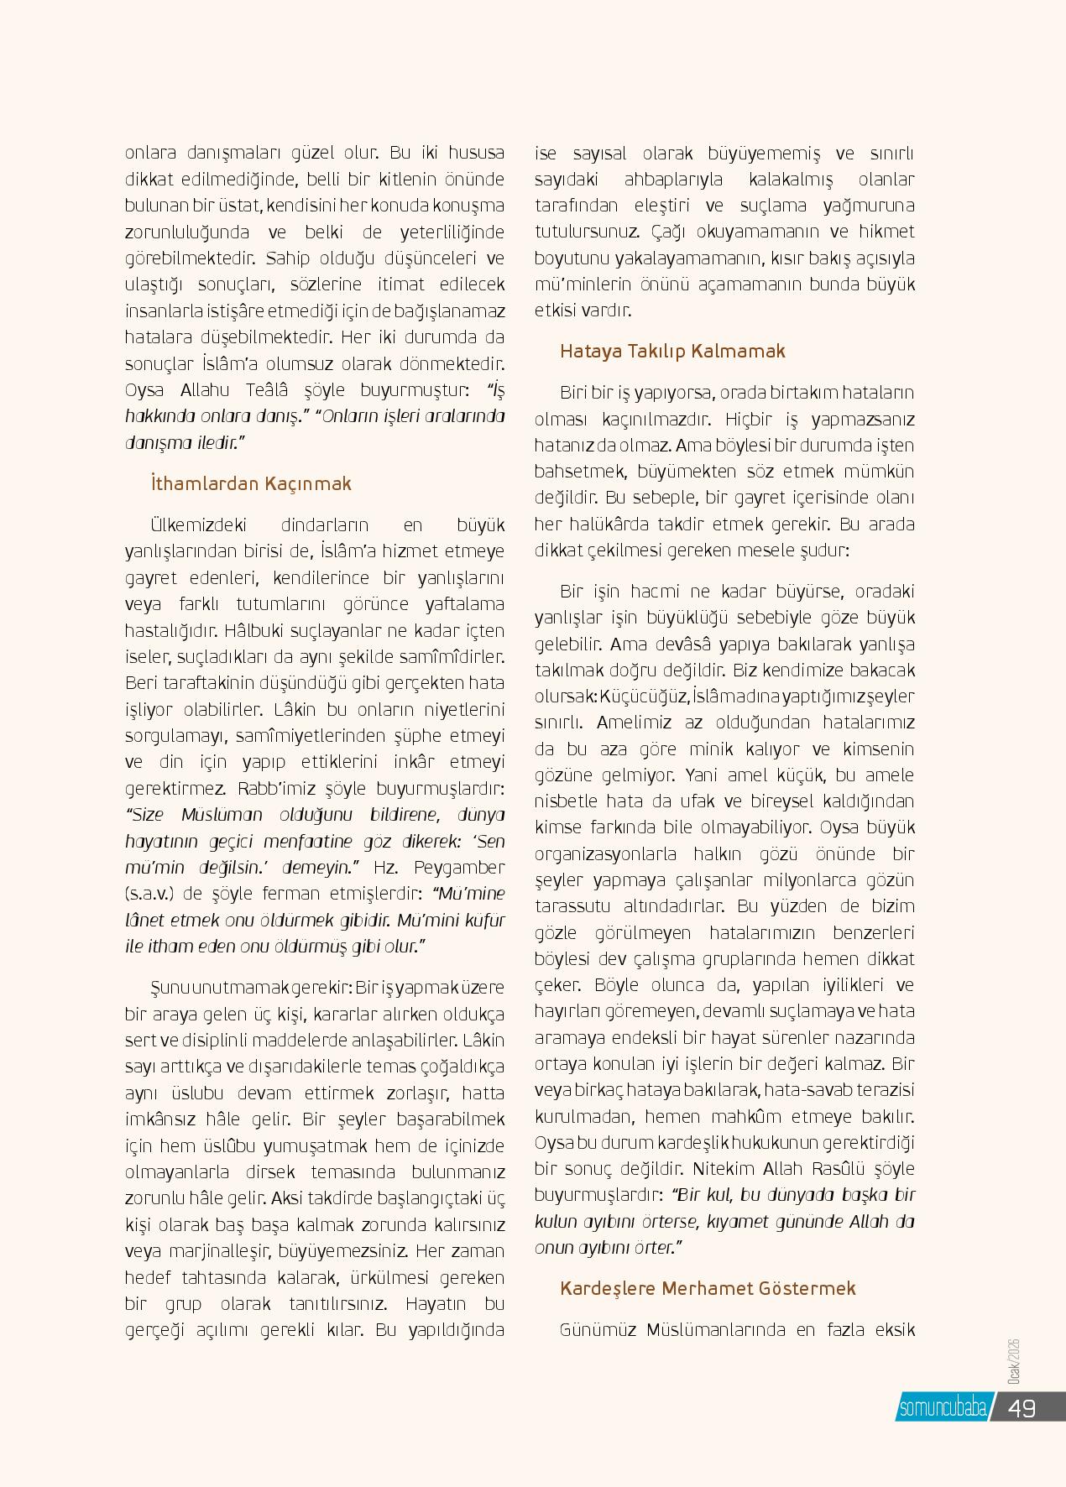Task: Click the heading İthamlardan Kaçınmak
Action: pyautogui.click(x=250, y=484)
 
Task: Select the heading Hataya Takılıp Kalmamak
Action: pyautogui.click(x=672, y=351)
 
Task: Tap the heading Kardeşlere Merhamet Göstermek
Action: pyautogui.click(x=708, y=1288)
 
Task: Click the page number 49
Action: pyautogui.click(x=1022, y=1408)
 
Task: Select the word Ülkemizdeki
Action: pyautogui.click(x=198, y=525)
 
